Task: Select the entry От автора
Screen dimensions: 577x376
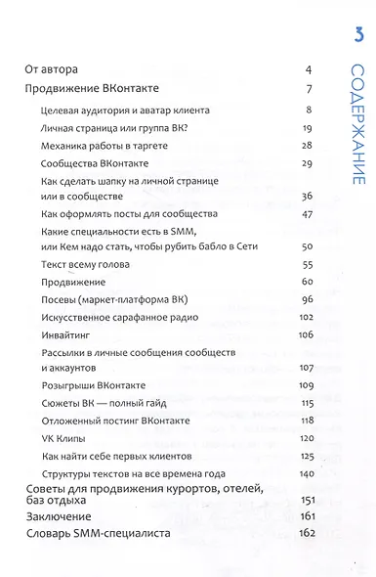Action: pyautogui.click(x=58, y=70)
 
